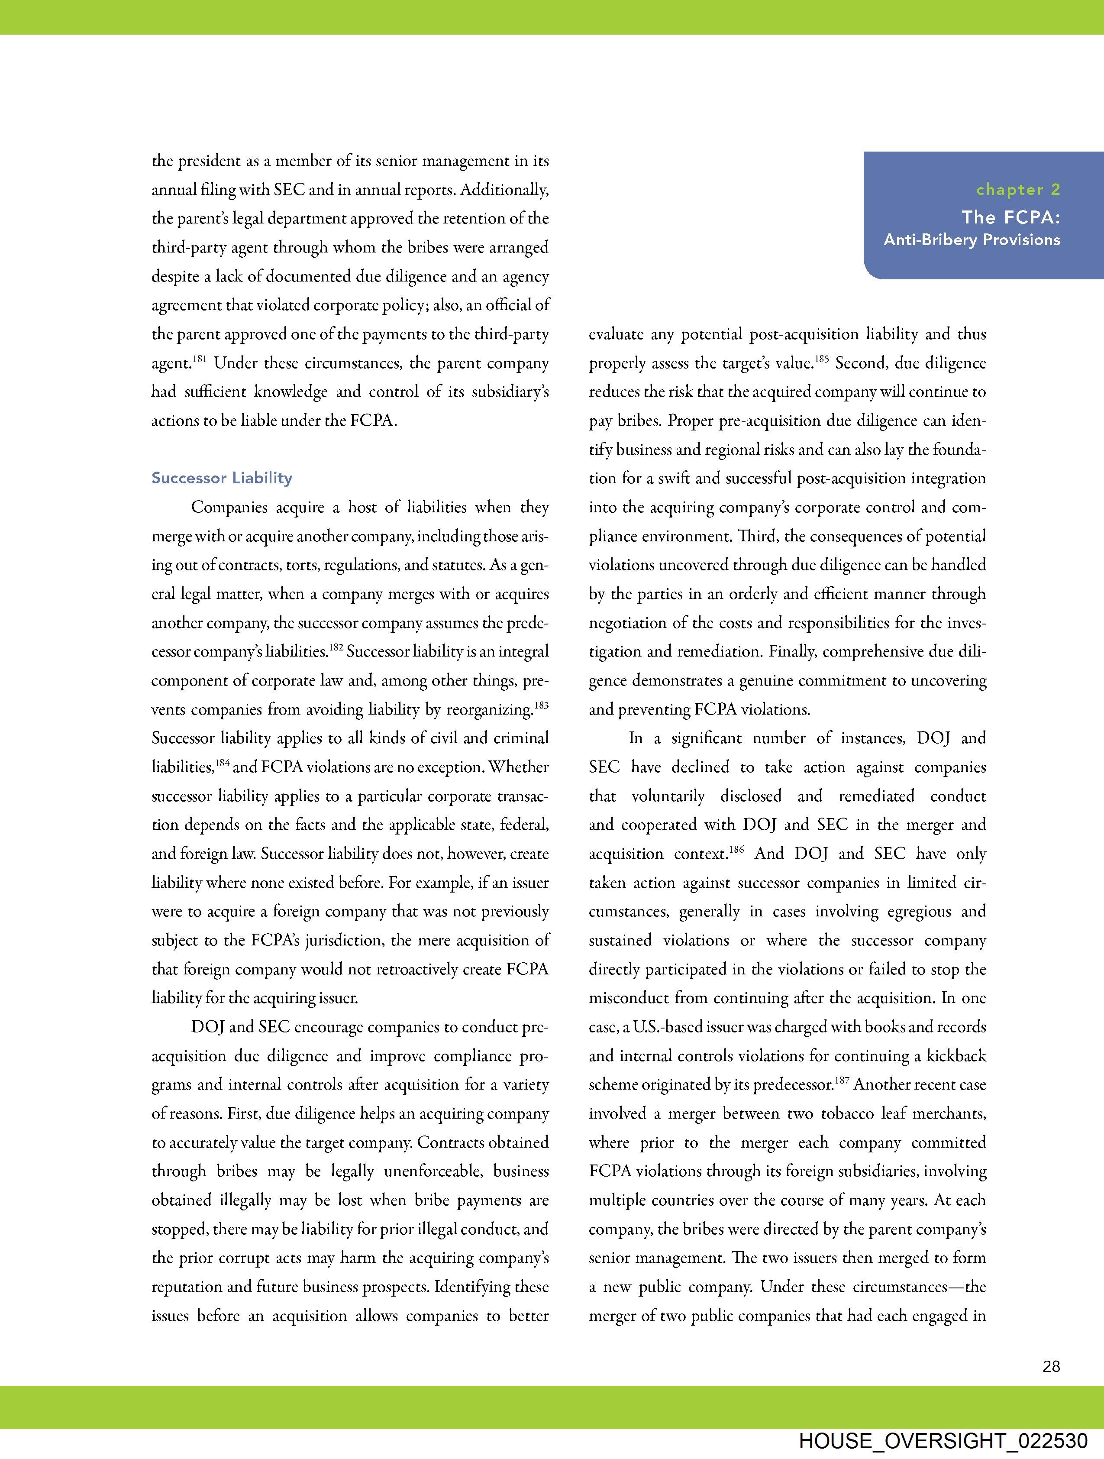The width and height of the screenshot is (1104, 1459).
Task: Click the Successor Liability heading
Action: tap(222, 478)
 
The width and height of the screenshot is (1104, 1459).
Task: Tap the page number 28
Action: tap(1051, 1366)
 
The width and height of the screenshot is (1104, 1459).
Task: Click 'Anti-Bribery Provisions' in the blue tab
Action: tap(972, 240)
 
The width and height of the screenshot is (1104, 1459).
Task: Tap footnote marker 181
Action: tap(200, 359)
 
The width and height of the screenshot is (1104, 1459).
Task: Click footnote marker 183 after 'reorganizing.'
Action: tap(542, 705)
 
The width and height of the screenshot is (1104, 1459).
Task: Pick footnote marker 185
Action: tap(821, 359)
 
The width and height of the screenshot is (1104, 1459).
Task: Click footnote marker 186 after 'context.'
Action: tap(737, 850)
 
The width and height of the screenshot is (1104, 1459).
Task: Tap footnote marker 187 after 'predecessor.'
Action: tap(842, 1081)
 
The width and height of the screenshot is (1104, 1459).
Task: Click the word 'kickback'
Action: tap(956, 1056)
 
